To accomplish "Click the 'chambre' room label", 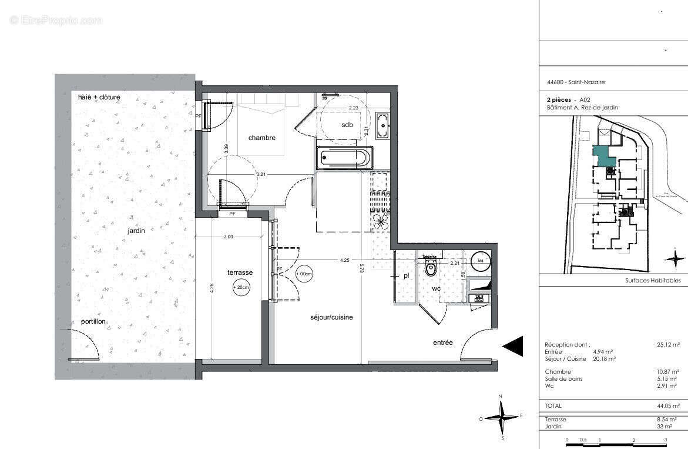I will coord(261,138).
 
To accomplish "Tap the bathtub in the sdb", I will coord(344,158).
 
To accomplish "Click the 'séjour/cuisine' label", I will coord(332,317).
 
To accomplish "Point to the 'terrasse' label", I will coord(240,272).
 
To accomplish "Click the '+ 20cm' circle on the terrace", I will coord(241,288).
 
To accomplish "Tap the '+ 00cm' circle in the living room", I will coord(305,274).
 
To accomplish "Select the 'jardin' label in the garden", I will coord(136,231).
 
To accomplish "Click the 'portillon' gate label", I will coord(93,322).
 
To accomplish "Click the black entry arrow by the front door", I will coord(513,346).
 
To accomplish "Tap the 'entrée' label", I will coord(443,342).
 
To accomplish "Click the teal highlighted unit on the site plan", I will coord(602,157).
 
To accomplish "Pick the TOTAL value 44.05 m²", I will coord(668,405).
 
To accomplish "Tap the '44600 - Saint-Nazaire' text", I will coord(567,82).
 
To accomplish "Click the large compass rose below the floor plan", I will coord(501,418).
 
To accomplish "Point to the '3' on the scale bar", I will coord(665,440).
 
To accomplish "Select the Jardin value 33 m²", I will coord(672,426).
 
